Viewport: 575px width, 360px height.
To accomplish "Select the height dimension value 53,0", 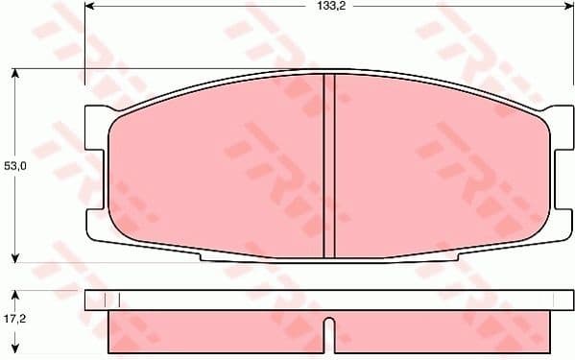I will (x=13, y=166).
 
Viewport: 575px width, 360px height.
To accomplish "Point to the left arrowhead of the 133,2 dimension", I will (x=90, y=7).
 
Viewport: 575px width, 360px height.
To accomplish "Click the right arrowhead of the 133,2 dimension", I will (x=558, y=7).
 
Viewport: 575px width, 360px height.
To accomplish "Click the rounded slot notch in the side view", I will (x=328, y=331).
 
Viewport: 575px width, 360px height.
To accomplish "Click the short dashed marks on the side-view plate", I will (x=111, y=300).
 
